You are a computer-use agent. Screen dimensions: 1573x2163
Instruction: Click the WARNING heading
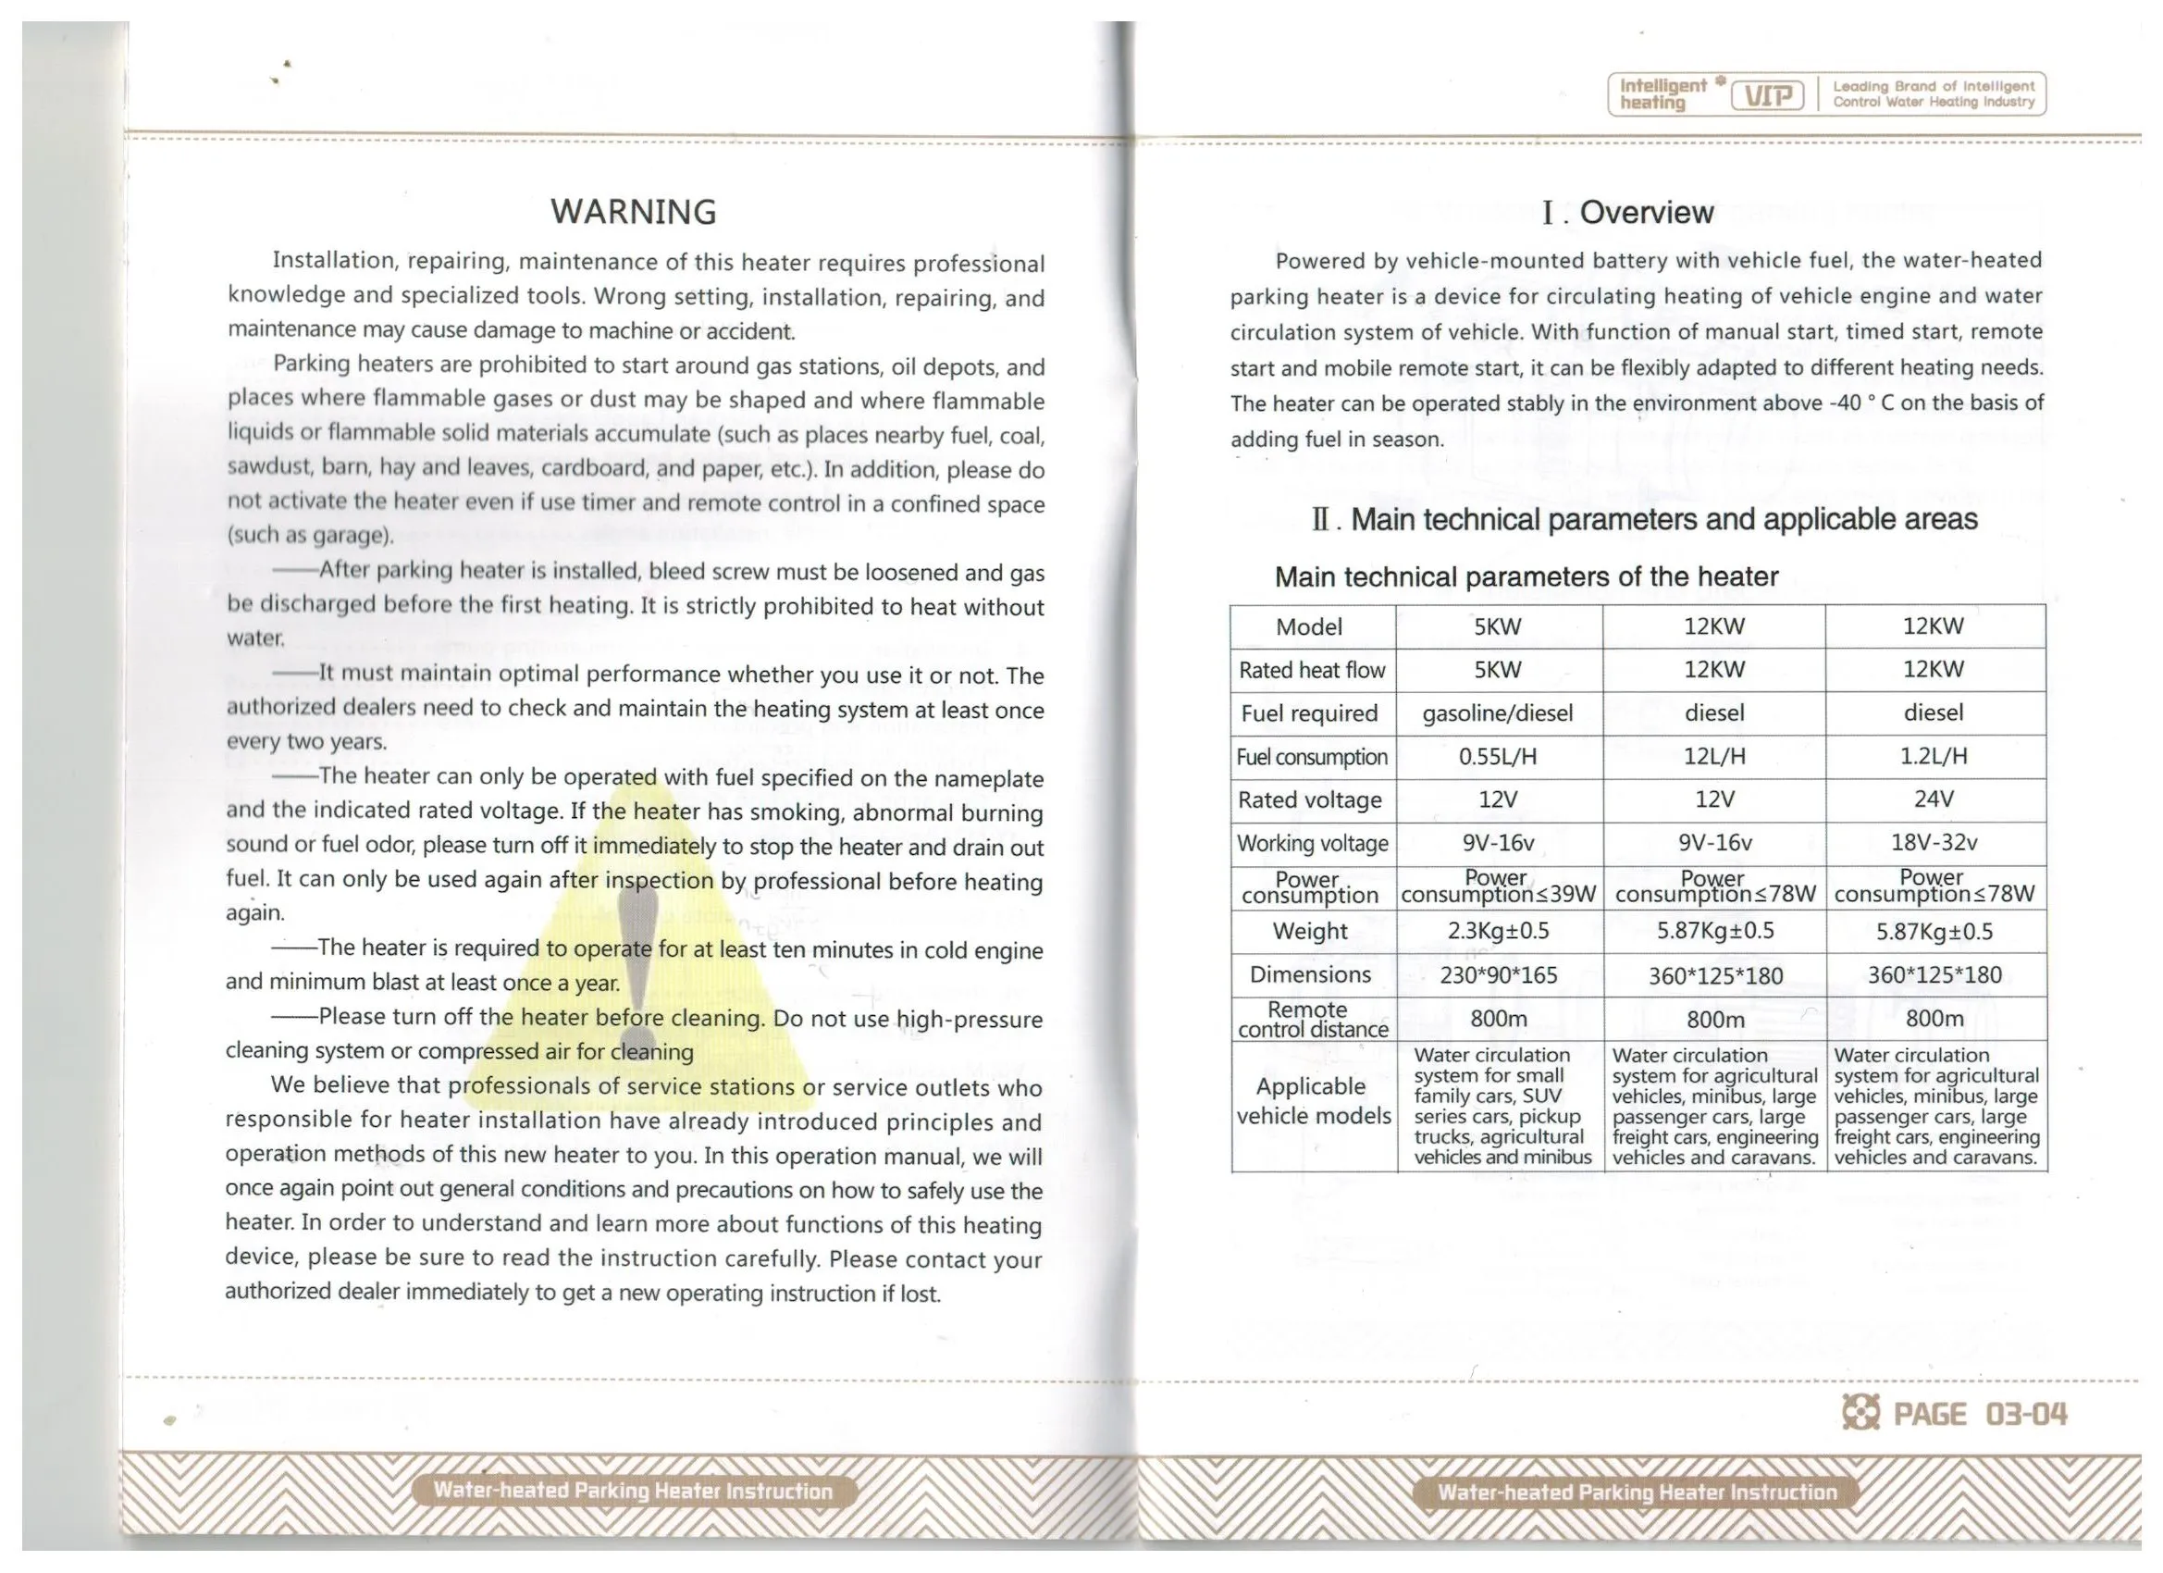coord(633,212)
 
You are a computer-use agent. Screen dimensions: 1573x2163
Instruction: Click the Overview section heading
coord(1628,212)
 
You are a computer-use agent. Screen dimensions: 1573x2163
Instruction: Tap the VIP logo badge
coord(1767,95)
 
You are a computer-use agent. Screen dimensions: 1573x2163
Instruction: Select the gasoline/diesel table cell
coord(1497,713)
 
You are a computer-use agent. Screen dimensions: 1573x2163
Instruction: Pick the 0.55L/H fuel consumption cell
coord(1497,757)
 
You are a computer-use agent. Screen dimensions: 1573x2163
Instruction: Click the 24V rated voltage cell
coord(1934,799)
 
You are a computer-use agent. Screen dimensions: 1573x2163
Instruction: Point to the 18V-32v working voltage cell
coord(1934,842)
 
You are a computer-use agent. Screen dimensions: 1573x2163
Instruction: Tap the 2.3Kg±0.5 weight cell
coord(1497,930)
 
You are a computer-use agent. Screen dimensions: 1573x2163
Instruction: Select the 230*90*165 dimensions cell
coord(1497,974)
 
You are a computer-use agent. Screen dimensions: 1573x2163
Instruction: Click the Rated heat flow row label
coord(1311,670)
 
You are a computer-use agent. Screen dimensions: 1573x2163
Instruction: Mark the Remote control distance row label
coord(1311,1019)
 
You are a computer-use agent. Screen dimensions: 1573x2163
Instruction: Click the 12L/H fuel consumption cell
coord(1713,757)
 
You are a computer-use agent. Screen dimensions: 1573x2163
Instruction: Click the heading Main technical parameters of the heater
coord(1526,577)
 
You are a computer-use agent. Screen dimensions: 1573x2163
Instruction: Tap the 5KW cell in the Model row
coord(1497,626)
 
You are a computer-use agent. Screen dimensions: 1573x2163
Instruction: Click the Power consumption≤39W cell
coord(1497,887)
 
